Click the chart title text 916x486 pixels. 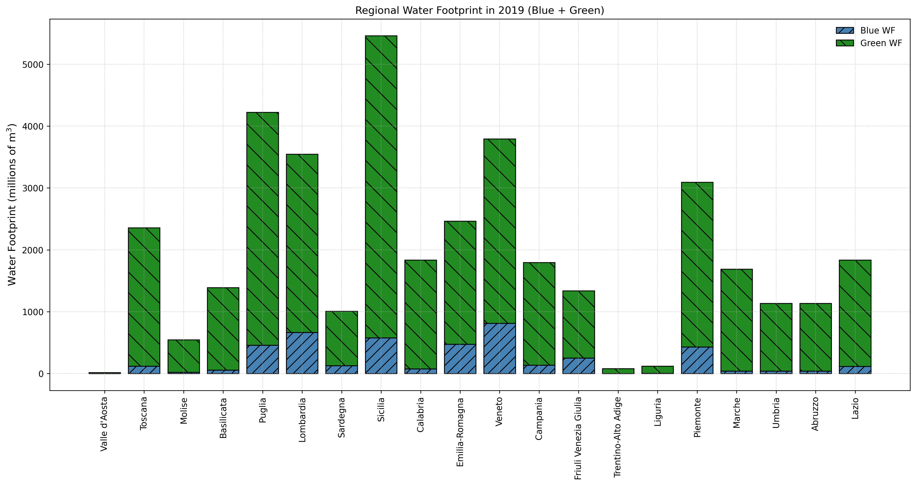[479, 11]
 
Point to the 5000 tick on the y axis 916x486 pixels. [33, 65]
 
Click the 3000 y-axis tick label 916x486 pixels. [33, 188]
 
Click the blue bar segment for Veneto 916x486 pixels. [500, 348]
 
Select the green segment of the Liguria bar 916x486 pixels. [658, 370]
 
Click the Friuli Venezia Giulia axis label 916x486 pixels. [579, 438]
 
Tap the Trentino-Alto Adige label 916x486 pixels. [618, 437]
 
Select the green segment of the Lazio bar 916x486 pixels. [855, 313]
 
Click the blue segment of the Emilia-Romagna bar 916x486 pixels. [460, 359]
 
